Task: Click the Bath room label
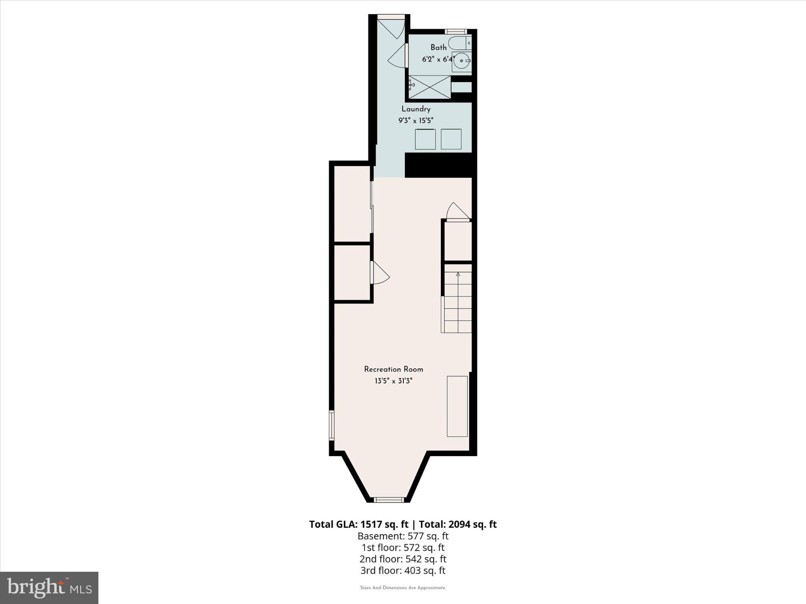(438, 48)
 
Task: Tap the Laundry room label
(416, 109)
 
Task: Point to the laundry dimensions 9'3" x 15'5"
(416, 121)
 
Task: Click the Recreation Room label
(393, 369)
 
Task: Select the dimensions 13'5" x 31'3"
(393, 381)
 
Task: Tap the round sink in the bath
(461, 61)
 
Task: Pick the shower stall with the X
(429, 87)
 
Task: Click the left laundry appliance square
(425, 139)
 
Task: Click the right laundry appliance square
(451, 139)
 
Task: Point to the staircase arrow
(458, 274)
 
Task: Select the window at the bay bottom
(389, 500)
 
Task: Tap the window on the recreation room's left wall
(332, 425)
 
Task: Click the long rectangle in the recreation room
(457, 406)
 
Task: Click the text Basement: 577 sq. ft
(403, 536)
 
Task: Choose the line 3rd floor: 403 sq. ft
(403, 570)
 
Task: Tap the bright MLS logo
(49, 587)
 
